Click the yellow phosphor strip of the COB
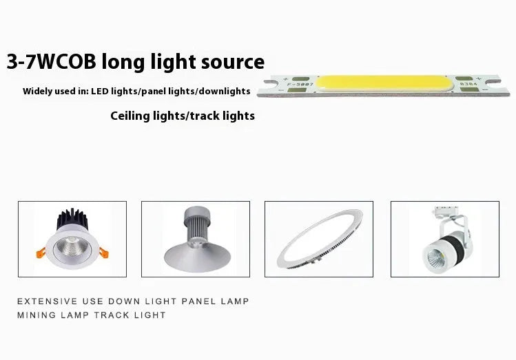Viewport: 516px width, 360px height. (384, 83)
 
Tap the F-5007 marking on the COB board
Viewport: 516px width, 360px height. (300, 85)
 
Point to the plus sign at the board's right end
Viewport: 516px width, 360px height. (479, 79)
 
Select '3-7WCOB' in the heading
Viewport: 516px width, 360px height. (52, 61)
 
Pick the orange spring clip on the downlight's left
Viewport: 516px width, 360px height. (41, 253)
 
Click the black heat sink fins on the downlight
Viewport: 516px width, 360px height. (72, 219)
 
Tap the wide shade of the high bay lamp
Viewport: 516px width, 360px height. (197, 258)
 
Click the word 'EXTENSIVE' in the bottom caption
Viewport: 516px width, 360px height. (48, 301)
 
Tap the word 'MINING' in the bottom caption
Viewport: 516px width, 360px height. (37, 315)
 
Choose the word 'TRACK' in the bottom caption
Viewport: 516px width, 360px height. (112, 315)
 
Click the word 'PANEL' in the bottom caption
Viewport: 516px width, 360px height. (198, 301)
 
